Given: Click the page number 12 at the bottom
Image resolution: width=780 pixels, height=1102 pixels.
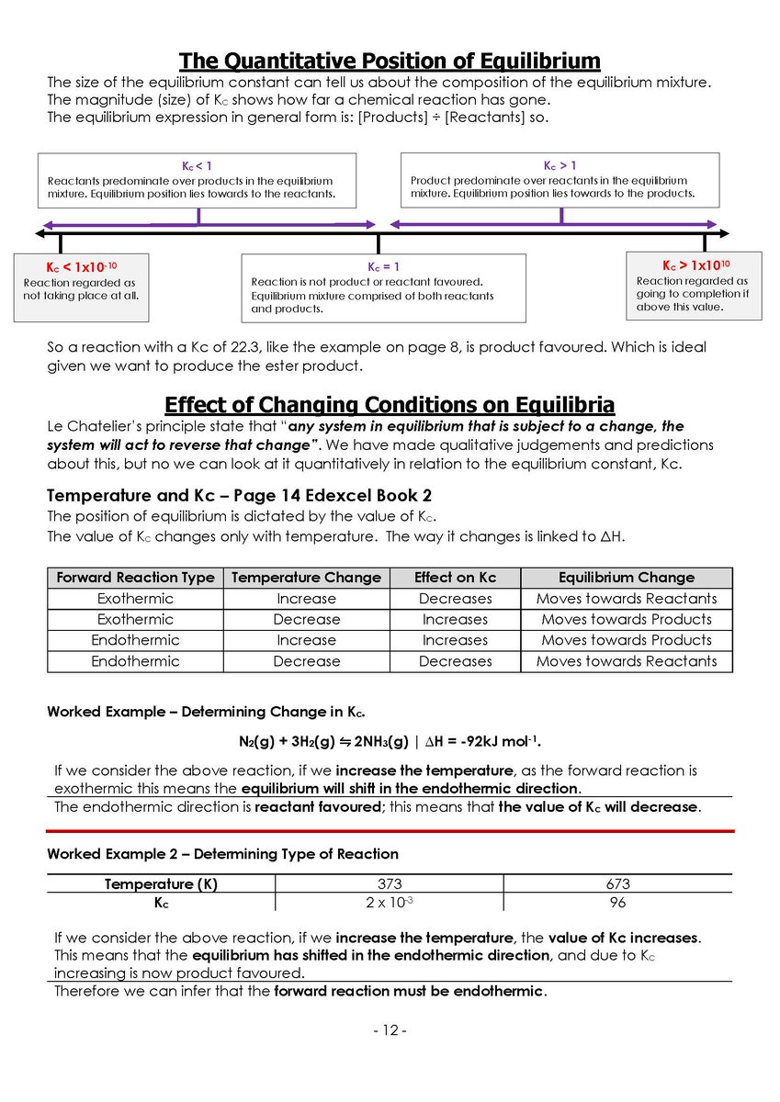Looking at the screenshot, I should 390,1030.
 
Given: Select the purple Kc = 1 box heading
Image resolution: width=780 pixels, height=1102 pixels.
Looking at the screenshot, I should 383,266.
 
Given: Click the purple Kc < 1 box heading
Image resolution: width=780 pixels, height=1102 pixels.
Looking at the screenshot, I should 197,165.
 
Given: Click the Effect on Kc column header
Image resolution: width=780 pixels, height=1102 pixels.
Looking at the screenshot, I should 455,578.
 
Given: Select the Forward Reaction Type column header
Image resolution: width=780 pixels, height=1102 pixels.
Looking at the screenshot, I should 135,578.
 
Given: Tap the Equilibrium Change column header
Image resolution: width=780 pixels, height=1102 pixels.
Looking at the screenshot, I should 626,578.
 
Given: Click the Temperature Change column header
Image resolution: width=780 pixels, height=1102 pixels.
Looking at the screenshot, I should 306,578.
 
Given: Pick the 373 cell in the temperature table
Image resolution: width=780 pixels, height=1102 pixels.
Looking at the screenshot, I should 390,883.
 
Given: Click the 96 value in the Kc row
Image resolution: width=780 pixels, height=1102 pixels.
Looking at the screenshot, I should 617,903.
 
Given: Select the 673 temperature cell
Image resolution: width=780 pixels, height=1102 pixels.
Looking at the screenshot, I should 617,883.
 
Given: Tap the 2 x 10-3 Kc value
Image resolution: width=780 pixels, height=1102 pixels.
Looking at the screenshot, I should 390,903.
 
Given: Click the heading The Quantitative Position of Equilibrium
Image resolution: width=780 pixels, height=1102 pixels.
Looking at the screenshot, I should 390,61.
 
